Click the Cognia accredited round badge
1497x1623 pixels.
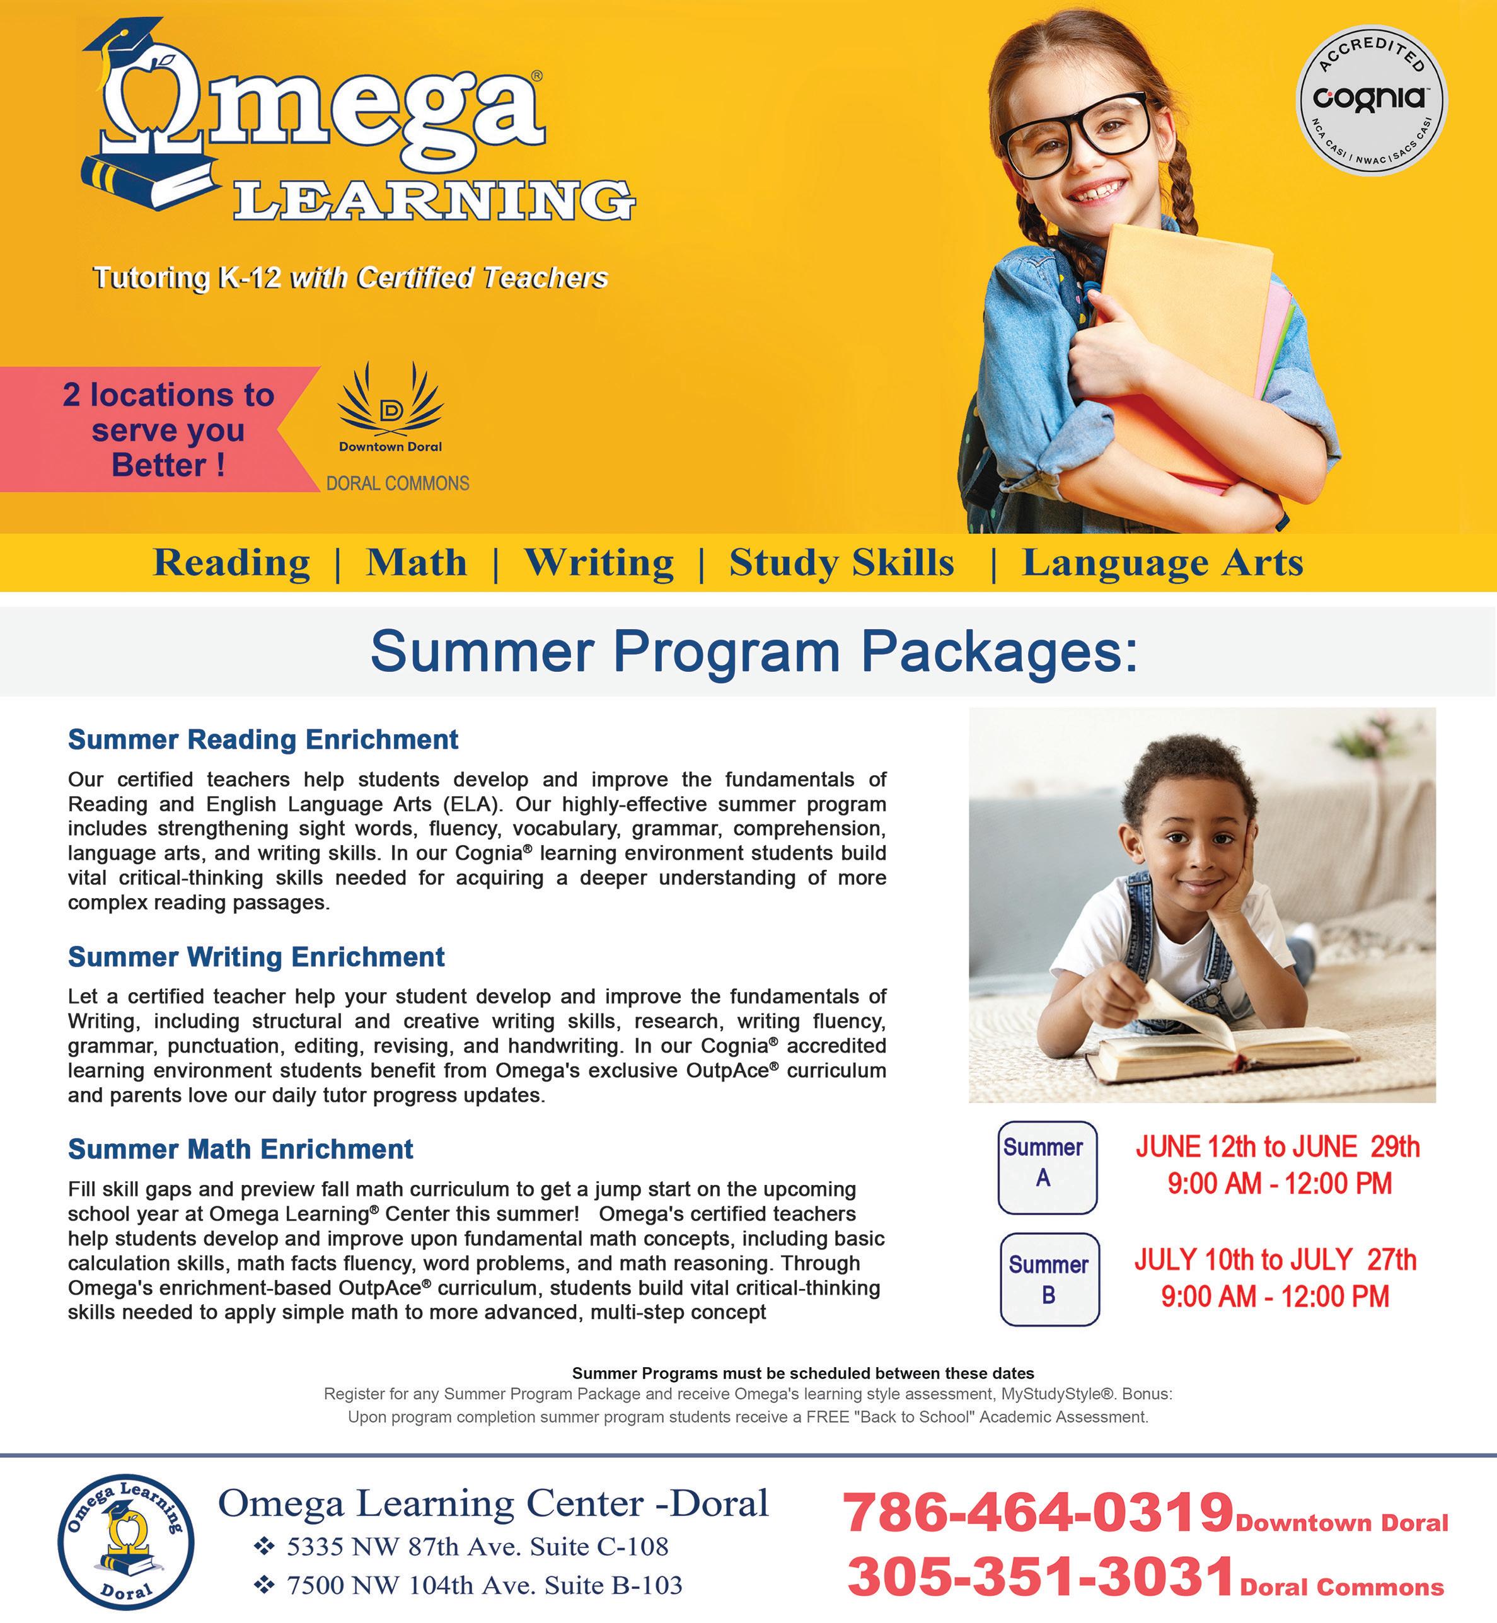(1371, 100)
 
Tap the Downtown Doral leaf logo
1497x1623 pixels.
(390, 398)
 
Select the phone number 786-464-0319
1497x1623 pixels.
(1037, 1512)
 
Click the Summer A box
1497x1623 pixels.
(1046, 1167)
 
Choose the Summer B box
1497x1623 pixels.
(1049, 1279)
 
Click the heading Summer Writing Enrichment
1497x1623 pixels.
(256, 957)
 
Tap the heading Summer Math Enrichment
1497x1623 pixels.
(241, 1148)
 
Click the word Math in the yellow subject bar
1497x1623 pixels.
(417, 563)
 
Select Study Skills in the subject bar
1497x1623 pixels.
(841, 563)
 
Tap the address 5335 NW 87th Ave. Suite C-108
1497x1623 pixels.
(477, 1546)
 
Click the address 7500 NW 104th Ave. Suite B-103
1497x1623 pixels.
(485, 1585)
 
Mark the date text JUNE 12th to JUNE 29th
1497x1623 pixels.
(1278, 1146)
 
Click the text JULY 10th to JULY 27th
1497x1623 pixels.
(1275, 1259)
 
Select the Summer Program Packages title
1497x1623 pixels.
(753, 651)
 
